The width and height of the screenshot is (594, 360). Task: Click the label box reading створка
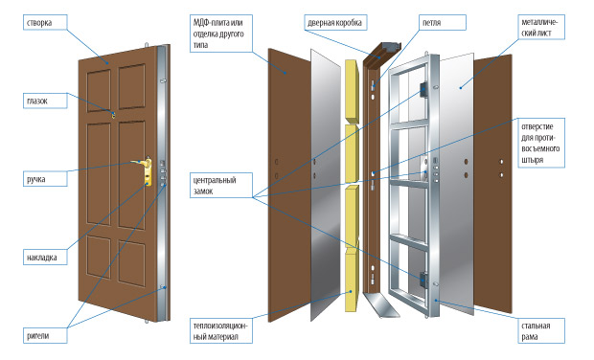click(45, 22)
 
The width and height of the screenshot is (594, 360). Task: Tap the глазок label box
click(45, 101)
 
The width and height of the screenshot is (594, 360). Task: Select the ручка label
click(45, 179)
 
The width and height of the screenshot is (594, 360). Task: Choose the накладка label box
click(45, 257)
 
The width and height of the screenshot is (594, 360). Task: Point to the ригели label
click(45, 335)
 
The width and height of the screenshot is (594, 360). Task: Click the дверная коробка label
click(335, 22)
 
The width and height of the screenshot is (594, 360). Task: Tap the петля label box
click(442, 22)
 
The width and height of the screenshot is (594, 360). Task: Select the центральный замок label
click(221, 185)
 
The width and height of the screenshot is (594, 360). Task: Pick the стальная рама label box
click(541, 331)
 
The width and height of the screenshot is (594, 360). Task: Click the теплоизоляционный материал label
click(221, 331)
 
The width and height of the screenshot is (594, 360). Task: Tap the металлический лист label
click(541, 27)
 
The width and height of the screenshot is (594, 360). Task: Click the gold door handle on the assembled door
click(143, 170)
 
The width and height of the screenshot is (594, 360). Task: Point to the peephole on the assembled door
click(113, 114)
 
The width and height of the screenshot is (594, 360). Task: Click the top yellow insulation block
click(352, 91)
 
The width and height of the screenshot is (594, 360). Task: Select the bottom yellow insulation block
click(352, 280)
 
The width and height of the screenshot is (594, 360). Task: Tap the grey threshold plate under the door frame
click(381, 305)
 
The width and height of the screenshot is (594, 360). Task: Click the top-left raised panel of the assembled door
click(99, 90)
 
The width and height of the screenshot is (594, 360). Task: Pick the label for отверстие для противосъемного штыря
click(541, 143)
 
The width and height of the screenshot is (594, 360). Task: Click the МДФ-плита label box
click(221, 34)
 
